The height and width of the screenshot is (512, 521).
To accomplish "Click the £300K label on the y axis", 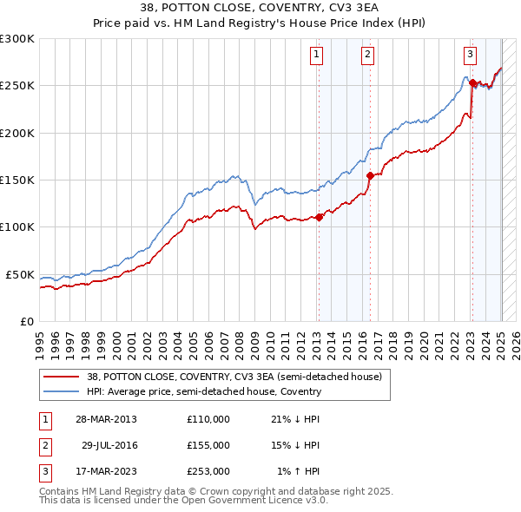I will pyautogui.click(x=17, y=39).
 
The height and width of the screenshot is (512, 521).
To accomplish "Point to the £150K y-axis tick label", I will pyautogui.click(x=17, y=181).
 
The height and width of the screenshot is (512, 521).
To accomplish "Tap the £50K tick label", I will pyautogui.click(x=21, y=274).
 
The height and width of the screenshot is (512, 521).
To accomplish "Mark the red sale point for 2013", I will pyautogui.click(x=319, y=217).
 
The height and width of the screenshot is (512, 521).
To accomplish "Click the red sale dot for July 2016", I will pyautogui.click(x=370, y=175).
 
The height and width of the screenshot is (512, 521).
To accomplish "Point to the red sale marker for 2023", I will pyautogui.click(x=472, y=83).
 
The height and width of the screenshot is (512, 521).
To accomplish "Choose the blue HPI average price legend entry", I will pyautogui.click(x=204, y=391).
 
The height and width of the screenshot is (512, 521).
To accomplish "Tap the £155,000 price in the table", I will pyautogui.click(x=208, y=445).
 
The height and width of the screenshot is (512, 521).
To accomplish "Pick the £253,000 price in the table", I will pyautogui.click(x=208, y=471).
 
